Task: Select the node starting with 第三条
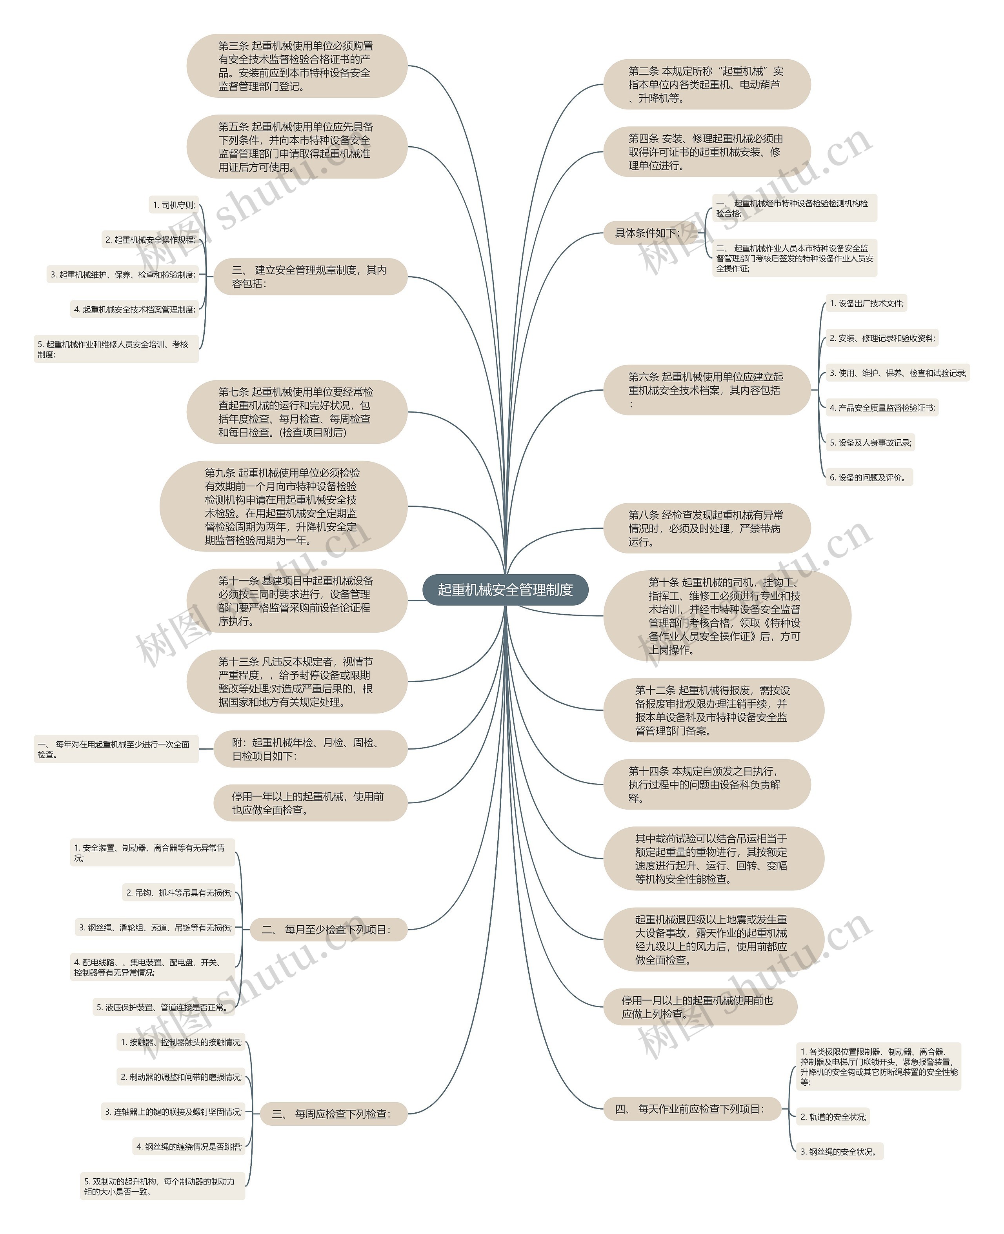click(x=296, y=66)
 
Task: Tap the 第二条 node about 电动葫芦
click(x=707, y=84)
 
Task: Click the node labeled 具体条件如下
click(x=647, y=233)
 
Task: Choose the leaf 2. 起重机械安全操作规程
click(x=150, y=240)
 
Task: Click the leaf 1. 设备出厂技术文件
click(x=866, y=303)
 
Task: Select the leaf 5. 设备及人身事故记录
click(x=870, y=442)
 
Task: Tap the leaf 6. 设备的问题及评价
click(x=869, y=477)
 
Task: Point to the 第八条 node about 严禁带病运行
click(x=707, y=528)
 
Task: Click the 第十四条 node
click(x=707, y=784)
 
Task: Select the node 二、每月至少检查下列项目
click(x=328, y=930)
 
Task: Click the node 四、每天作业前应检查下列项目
click(x=692, y=1108)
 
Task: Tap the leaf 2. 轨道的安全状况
click(x=833, y=1117)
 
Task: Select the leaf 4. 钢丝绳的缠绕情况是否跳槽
click(x=189, y=1147)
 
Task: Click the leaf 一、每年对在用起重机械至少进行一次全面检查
click(x=116, y=749)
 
